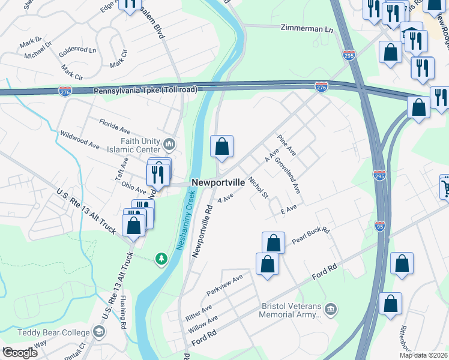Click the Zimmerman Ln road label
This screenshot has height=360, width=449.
307,28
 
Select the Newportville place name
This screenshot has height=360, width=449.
218,182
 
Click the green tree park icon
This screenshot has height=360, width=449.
161,259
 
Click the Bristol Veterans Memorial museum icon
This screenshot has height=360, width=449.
330,309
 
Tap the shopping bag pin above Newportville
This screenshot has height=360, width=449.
221,146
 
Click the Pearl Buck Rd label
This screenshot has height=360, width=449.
311,235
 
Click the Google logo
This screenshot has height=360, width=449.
20,352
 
